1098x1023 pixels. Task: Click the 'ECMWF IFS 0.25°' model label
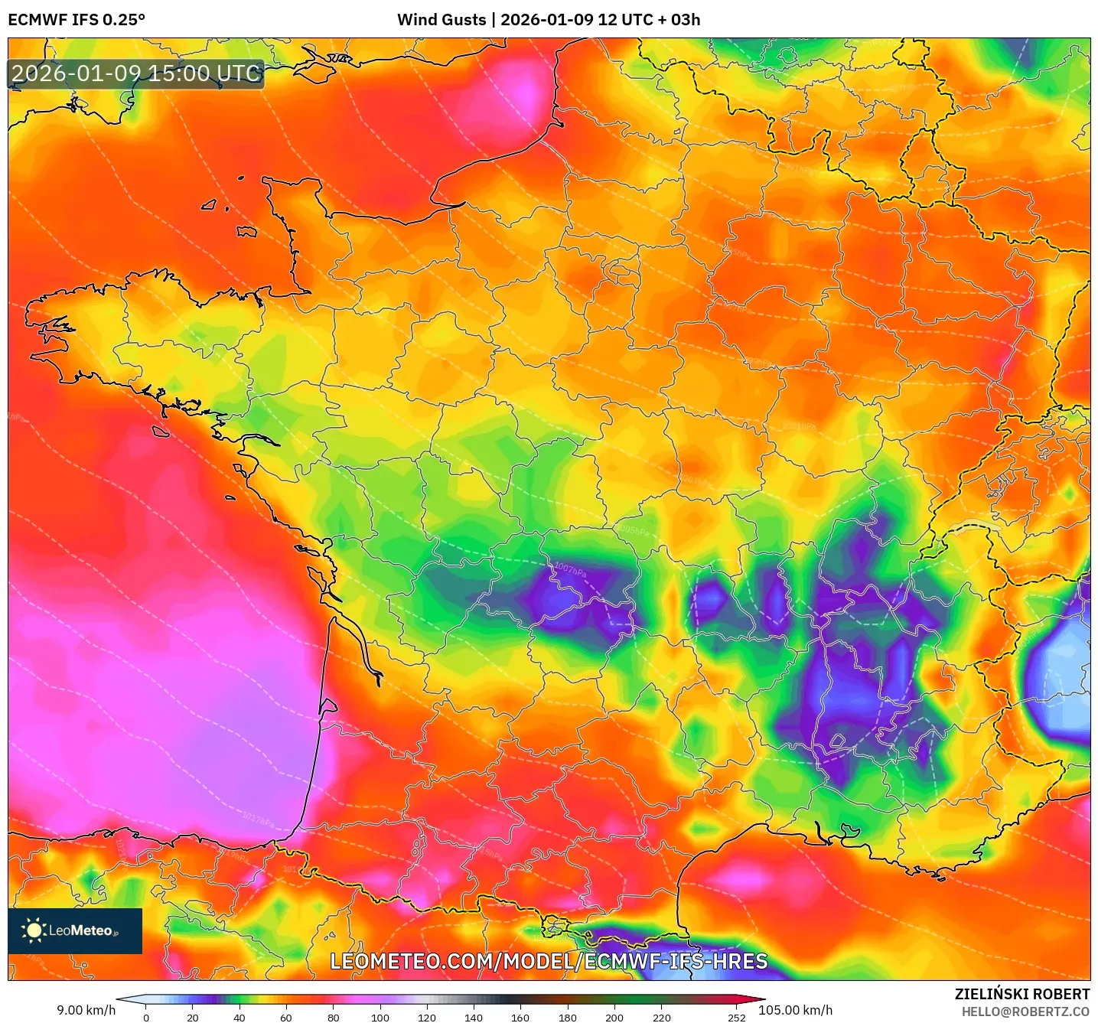pyautogui.click(x=77, y=20)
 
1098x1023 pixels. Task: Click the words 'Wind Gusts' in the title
pyautogui.click(x=441, y=20)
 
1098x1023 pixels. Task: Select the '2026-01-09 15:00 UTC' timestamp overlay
pyautogui.click(x=136, y=74)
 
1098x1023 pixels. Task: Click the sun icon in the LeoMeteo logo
pyautogui.click(x=34, y=930)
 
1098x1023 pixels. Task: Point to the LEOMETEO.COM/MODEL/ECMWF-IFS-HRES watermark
pyautogui.click(x=549, y=962)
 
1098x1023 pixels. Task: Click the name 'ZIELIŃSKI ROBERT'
pyautogui.click(x=1021, y=994)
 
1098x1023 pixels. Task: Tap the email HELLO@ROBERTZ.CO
pyautogui.click(x=1025, y=1012)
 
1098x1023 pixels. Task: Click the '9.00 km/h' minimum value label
pyautogui.click(x=86, y=1010)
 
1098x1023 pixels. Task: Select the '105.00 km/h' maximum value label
pyautogui.click(x=795, y=1010)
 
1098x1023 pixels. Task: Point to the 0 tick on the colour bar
pyautogui.click(x=146, y=1017)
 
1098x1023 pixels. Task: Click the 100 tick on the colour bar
pyautogui.click(x=380, y=1017)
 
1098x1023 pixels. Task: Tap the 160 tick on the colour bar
pyautogui.click(x=520, y=1017)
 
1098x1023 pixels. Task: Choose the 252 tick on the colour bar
pyautogui.click(x=736, y=1017)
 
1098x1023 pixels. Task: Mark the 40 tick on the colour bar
pyautogui.click(x=239, y=1017)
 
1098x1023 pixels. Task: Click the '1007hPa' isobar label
pyautogui.click(x=570, y=570)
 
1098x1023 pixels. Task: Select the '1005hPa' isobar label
pyautogui.click(x=633, y=530)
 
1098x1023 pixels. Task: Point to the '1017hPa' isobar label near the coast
pyautogui.click(x=258, y=820)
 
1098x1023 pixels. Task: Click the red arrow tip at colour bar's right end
pyautogui.click(x=761, y=999)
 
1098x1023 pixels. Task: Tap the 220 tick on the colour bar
pyautogui.click(x=661, y=1017)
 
